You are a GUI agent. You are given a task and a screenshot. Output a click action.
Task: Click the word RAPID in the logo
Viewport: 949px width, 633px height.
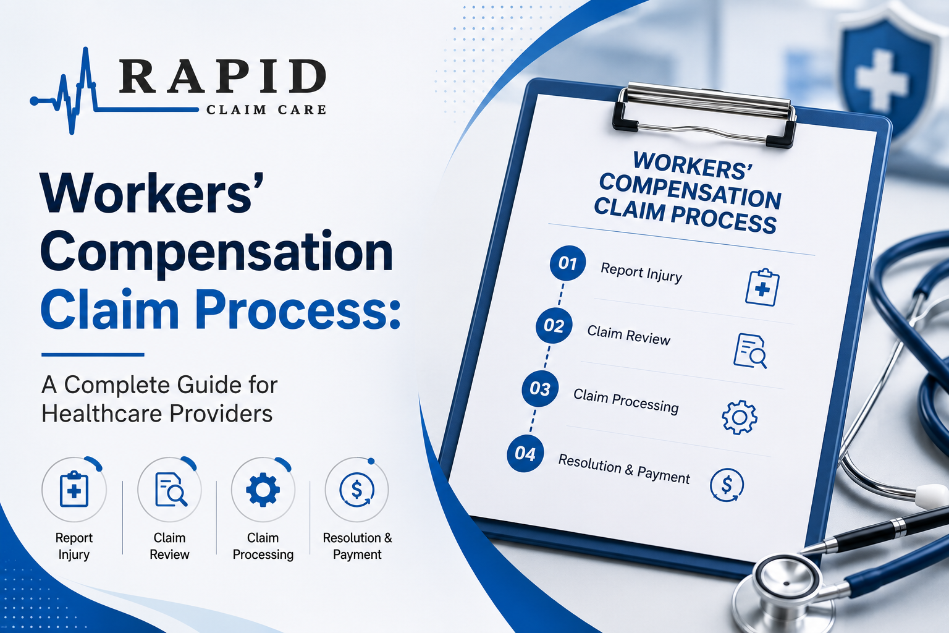tap(223, 76)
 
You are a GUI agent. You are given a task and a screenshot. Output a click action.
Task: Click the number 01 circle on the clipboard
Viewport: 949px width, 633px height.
tap(568, 263)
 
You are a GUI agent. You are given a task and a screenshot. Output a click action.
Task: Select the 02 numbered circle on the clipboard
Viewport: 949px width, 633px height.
tap(554, 325)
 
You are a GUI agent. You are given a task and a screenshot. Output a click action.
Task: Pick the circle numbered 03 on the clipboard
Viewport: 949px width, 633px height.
tap(540, 388)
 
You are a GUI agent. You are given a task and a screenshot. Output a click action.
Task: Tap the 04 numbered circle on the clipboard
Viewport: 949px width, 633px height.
tap(525, 453)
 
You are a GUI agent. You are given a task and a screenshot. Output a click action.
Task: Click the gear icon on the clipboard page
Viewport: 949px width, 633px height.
tap(740, 417)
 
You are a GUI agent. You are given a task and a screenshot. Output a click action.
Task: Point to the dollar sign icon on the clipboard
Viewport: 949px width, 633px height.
tap(727, 485)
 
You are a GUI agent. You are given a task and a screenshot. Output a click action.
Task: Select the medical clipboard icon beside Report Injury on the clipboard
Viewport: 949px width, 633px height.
tap(762, 287)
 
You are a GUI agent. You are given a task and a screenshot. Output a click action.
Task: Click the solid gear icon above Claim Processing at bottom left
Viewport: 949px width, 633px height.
tap(263, 489)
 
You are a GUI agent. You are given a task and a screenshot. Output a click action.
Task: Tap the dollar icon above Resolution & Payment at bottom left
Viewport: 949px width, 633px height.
tap(356, 489)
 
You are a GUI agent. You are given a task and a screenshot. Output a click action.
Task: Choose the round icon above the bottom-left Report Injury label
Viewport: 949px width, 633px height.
tap(74, 489)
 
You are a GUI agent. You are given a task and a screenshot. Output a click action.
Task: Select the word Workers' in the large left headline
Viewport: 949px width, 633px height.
tap(152, 193)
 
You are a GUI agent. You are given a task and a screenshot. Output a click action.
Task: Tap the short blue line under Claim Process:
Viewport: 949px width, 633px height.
tap(93, 354)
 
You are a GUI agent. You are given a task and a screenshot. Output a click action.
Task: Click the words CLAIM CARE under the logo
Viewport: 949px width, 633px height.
tap(266, 110)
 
